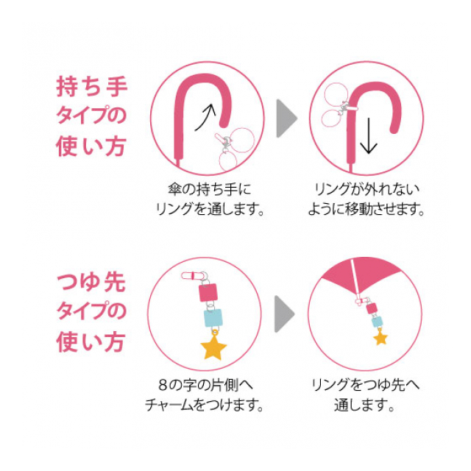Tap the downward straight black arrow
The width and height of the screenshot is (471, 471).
(x=369, y=135)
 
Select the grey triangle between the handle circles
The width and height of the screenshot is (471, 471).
(x=286, y=118)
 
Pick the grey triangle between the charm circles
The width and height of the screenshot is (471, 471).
(x=285, y=314)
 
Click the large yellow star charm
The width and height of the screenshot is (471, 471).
(x=213, y=347)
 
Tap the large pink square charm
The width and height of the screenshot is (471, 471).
(x=208, y=291)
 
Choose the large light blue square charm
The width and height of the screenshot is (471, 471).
(x=213, y=318)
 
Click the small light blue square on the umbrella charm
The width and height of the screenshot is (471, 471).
(x=378, y=322)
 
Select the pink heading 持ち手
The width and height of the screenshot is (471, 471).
(x=92, y=87)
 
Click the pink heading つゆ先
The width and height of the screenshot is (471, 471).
(x=91, y=282)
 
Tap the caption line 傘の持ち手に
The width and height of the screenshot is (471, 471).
(x=209, y=190)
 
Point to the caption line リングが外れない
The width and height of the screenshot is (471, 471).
(x=366, y=190)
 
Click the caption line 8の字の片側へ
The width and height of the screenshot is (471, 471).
(x=206, y=386)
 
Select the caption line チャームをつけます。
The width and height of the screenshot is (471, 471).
(x=205, y=405)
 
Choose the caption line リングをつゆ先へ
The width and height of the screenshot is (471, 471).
(x=365, y=386)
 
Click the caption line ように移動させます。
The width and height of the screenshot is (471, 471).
(x=366, y=209)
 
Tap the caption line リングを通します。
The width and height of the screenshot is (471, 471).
(x=210, y=209)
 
